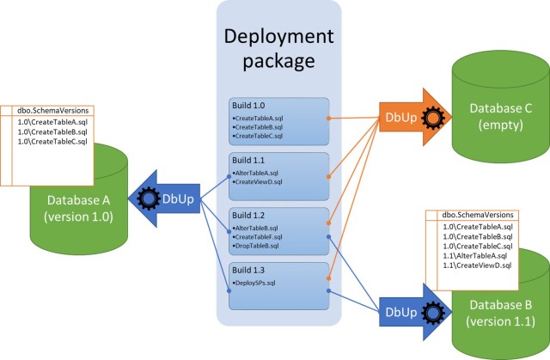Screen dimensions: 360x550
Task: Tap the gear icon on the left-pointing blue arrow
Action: pyautogui.click(x=148, y=197)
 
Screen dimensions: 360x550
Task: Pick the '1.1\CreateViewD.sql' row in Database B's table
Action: pyautogui.click(x=477, y=266)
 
